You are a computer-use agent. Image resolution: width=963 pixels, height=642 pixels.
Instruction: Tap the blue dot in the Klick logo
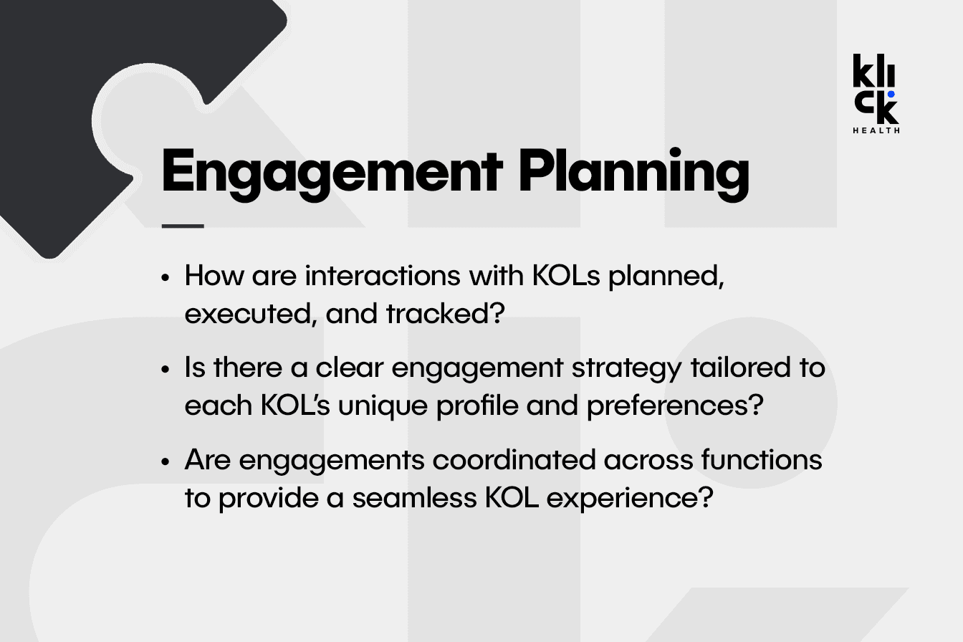coord(891,94)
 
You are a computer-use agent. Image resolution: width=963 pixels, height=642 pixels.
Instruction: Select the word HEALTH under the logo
coord(876,130)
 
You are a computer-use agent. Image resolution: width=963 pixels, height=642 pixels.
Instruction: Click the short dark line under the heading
coord(183,226)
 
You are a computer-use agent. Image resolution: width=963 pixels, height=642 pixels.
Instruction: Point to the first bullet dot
coord(166,277)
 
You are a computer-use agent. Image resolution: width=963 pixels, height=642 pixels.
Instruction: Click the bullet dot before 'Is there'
coord(166,370)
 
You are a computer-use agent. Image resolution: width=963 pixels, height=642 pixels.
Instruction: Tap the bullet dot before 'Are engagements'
coord(166,462)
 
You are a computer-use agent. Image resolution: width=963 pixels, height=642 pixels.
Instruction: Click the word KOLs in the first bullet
coord(566,275)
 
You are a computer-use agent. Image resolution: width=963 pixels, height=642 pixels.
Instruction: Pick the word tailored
coord(740,368)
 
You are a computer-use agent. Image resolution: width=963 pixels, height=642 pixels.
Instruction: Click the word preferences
coord(675,406)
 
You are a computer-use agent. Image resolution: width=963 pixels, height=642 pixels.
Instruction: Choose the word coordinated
coord(514,459)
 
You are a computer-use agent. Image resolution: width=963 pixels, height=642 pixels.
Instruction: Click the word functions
coord(762,459)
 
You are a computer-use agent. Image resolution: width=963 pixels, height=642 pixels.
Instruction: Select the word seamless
coord(414,498)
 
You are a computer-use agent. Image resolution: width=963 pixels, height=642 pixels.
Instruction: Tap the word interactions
coord(383,275)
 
